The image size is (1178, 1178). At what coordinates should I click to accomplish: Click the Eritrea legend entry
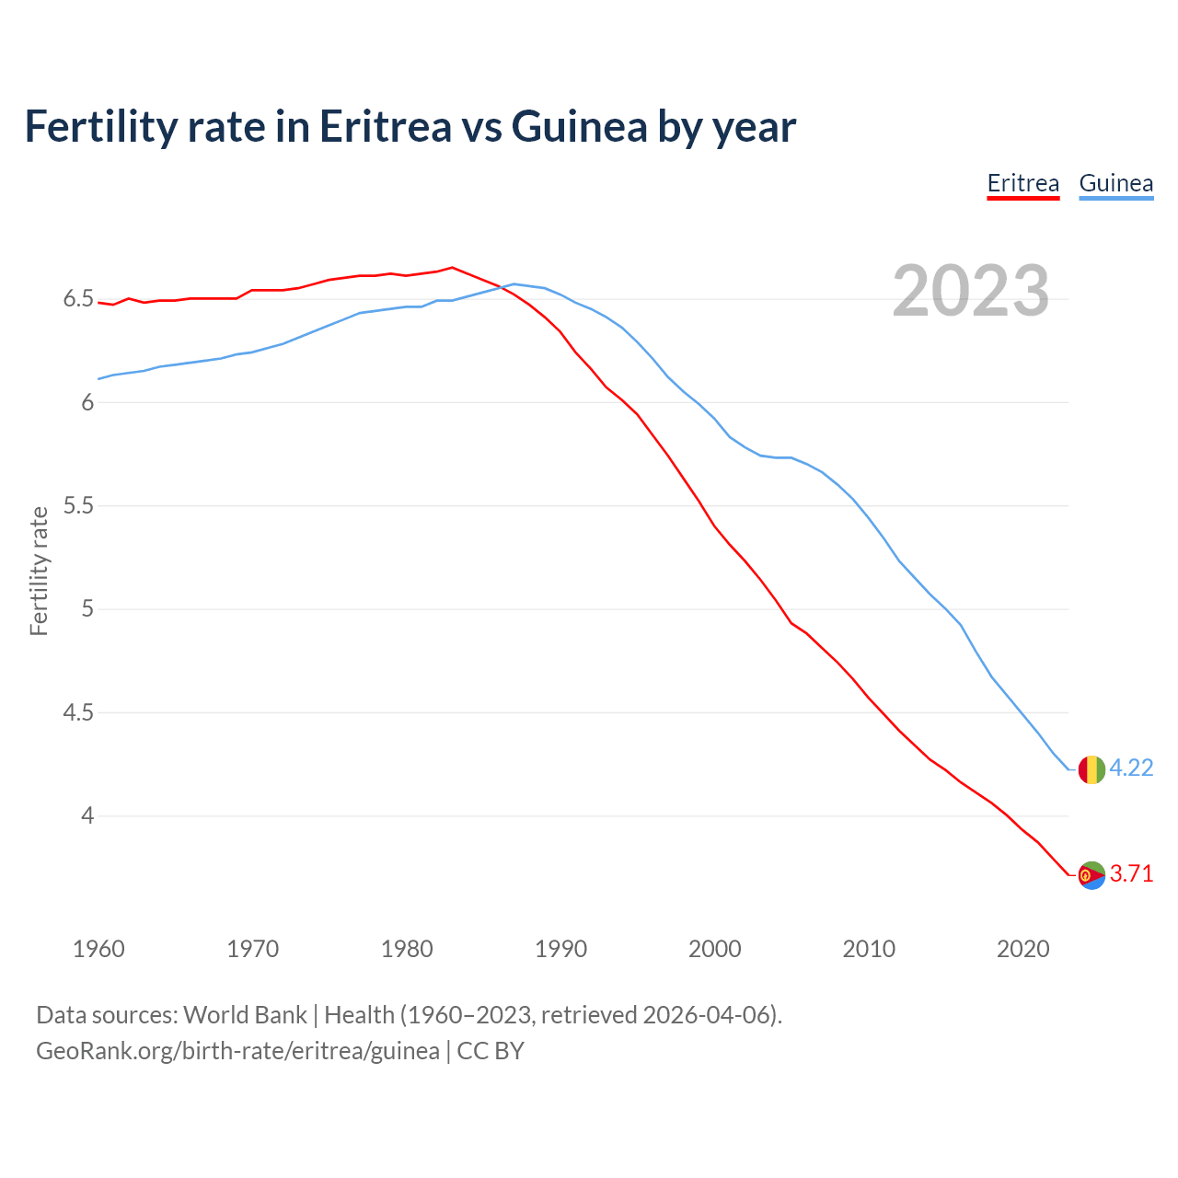pos(1022,183)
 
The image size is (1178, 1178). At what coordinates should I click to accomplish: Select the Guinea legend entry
pos(1115,183)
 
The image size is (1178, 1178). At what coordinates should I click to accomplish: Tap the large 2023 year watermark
pos(971,291)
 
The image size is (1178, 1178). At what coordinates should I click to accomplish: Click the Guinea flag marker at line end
pos(1091,768)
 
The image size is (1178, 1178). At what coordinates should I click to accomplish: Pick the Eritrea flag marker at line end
pos(1091,874)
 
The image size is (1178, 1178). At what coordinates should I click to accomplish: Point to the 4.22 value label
pos(1131,768)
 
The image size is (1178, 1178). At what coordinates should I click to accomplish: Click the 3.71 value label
pos(1131,873)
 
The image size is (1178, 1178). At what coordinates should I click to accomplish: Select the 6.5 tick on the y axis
pos(78,299)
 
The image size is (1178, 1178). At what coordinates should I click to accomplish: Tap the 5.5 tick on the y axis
pos(78,505)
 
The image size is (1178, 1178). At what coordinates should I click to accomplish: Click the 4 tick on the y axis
pos(87,815)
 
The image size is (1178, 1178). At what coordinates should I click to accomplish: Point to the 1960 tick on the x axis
pos(98,949)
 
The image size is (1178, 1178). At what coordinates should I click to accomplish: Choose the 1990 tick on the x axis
pos(560,949)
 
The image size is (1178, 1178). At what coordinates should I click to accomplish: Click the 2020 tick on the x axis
pos(1022,949)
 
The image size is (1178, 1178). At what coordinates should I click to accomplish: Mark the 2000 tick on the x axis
pos(714,949)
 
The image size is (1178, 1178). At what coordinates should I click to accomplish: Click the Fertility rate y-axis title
pos(39,571)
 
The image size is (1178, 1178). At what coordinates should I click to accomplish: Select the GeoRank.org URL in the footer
pos(237,1051)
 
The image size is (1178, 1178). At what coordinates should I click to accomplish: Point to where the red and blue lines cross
pos(502,288)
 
